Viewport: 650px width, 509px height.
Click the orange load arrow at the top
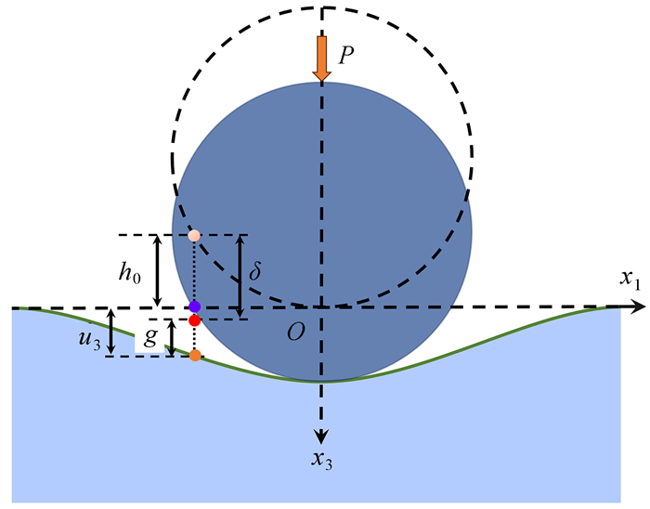coord(321,59)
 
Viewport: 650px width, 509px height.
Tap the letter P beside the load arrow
coord(346,55)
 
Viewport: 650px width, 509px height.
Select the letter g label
coord(151,334)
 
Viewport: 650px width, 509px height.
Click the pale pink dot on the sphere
coord(194,235)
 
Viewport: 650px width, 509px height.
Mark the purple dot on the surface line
coord(194,307)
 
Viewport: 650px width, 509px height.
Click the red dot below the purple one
coord(194,320)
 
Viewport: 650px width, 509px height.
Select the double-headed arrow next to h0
coord(158,270)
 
